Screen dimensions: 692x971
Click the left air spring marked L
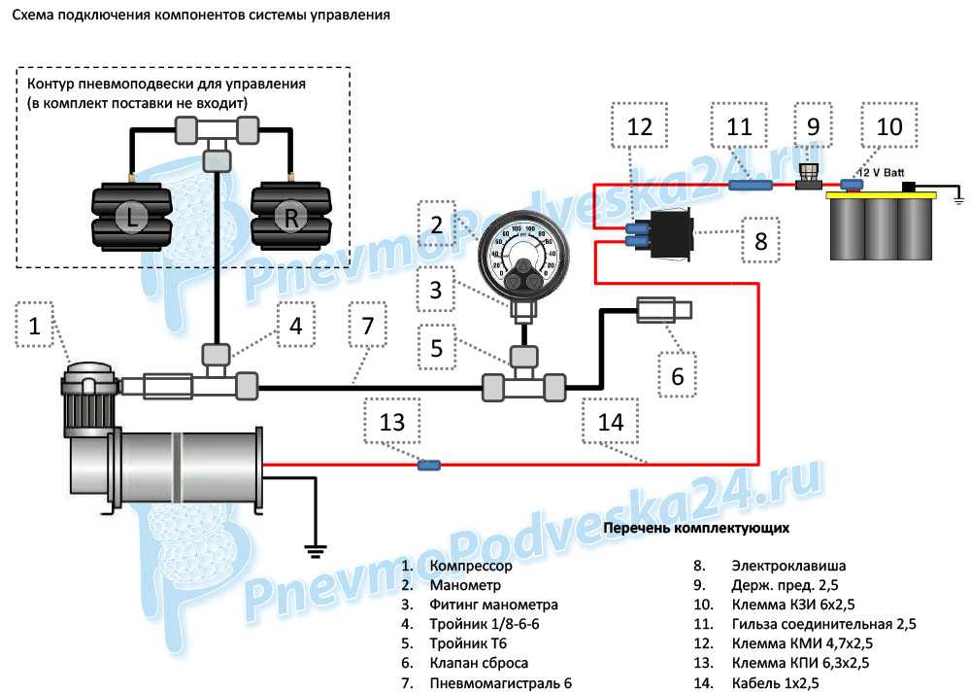click(132, 218)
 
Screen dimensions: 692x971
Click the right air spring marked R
click(291, 218)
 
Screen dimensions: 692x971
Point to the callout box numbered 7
click(367, 327)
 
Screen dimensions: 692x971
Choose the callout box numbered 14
click(610, 424)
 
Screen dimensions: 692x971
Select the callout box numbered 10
click(889, 126)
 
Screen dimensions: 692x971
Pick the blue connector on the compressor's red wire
click(427, 466)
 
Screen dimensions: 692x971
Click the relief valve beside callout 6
click(663, 311)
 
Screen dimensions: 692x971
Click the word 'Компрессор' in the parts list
click(470, 566)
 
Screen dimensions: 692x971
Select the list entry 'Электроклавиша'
click(787, 566)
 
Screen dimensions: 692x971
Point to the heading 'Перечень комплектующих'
click(696, 529)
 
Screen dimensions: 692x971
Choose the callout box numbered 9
click(813, 126)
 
